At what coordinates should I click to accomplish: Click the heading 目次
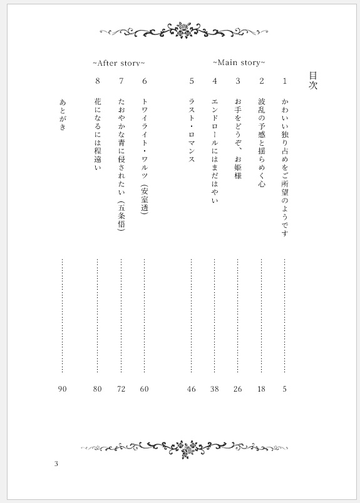click(x=313, y=81)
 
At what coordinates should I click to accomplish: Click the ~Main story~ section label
click(x=239, y=63)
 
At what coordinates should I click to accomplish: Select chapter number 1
click(x=285, y=81)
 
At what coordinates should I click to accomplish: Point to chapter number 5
click(x=192, y=81)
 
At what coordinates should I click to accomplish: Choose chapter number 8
click(x=97, y=81)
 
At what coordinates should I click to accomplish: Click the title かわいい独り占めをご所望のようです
click(x=285, y=167)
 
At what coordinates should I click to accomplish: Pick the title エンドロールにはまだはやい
click(x=215, y=150)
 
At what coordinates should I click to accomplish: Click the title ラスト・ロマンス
click(x=192, y=127)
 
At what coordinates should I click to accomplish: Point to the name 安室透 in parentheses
click(x=145, y=200)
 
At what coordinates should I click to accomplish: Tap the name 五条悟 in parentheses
click(x=121, y=216)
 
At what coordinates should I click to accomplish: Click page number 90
click(x=62, y=389)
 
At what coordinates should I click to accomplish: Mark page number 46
click(x=192, y=389)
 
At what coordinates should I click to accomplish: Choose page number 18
click(x=261, y=389)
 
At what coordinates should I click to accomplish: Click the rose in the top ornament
click(x=183, y=28)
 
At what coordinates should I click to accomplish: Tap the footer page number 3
click(x=56, y=464)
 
